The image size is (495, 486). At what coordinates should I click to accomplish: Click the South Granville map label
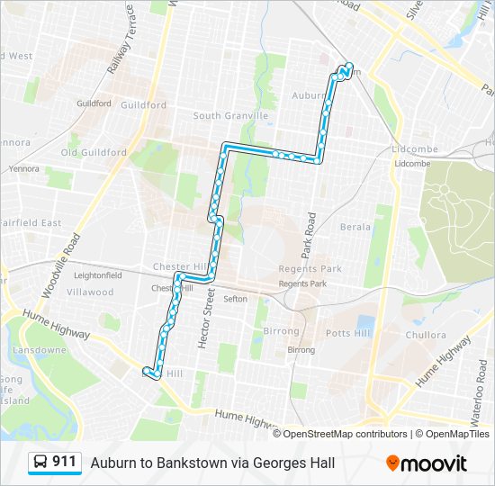[x=230, y=116]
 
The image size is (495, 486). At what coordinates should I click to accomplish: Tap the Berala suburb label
[x=355, y=228]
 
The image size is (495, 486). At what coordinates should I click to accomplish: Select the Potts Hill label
[x=346, y=333]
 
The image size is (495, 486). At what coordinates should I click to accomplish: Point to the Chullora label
[x=425, y=335]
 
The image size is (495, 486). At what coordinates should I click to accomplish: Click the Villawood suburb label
[x=90, y=292]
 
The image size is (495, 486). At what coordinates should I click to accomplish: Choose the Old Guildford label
[x=94, y=153]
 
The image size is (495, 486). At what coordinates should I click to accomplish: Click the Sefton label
[x=235, y=299]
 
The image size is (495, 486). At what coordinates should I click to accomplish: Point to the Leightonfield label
[x=97, y=275]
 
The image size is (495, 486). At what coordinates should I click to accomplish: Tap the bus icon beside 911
[x=40, y=463]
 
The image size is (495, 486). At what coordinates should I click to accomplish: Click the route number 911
[x=64, y=463]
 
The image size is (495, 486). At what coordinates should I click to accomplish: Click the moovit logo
[x=427, y=463]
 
